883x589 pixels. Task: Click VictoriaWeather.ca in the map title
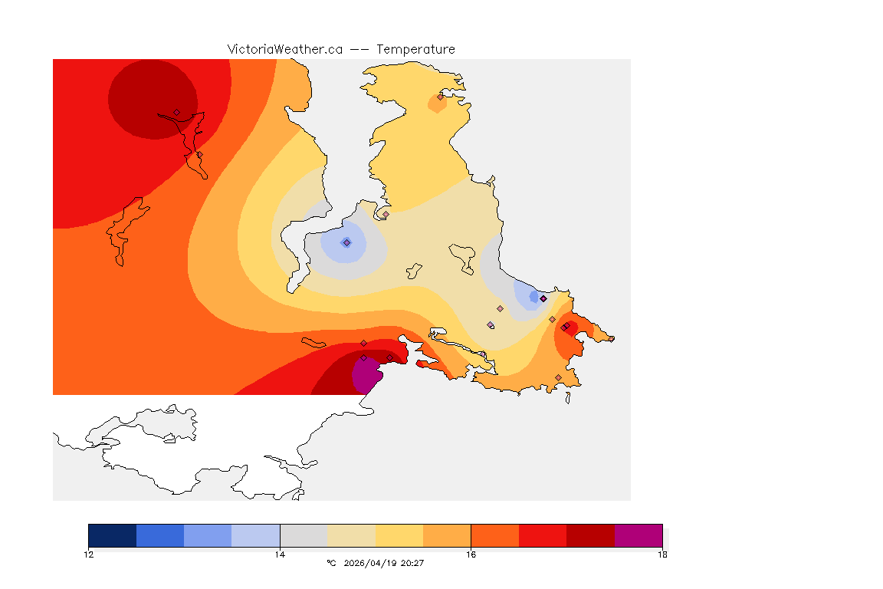pyautogui.click(x=284, y=49)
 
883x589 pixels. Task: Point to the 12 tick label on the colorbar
pyautogui.click(x=88, y=554)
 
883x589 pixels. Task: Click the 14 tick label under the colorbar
pyautogui.click(x=280, y=554)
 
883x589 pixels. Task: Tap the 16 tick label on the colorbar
pyautogui.click(x=471, y=554)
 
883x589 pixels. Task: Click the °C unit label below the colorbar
pyautogui.click(x=331, y=564)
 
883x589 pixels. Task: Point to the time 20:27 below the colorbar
pyautogui.click(x=412, y=564)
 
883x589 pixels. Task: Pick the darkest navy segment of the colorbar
pyautogui.click(x=112, y=535)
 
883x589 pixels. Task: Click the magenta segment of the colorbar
pyautogui.click(x=638, y=535)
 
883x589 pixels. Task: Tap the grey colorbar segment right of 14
pyautogui.click(x=304, y=535)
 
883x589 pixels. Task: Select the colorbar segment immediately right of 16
pyautogui.click(x=494, y=535)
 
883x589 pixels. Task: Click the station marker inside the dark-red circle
pyautogui.click(x=176, y=112)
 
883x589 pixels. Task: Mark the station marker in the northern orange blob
pyautogui.click(x=441, y=97)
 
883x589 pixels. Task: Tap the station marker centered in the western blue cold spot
pyautogui.click(x=346, y=242)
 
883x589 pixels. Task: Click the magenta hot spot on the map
pyautogui.click(x=366, y=376)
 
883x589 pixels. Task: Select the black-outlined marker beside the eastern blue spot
pyautogui.click(x=543, y=298)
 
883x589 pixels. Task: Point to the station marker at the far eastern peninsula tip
pyautogui.click(x=565, y=327)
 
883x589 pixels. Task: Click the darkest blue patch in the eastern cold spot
pyautogui.click(x=533, y=297)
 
